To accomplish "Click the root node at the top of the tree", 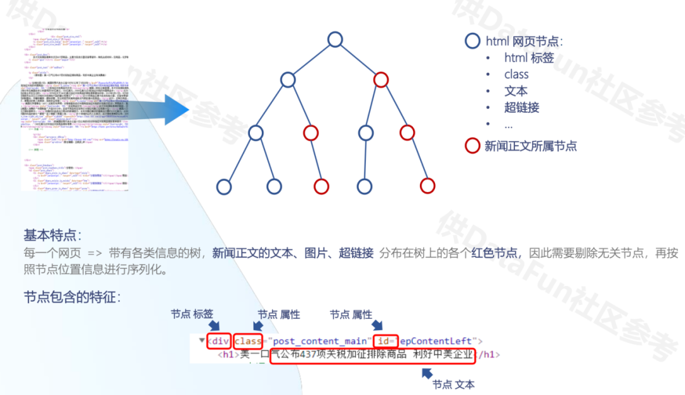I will [335, 39].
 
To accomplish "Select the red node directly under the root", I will [381, 80].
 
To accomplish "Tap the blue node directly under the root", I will [288, 80].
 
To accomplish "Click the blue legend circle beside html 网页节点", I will [473, 41].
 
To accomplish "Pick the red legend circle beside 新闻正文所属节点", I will [473, 146].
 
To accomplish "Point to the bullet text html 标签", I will [529, 58].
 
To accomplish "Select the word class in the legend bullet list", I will [516, 74].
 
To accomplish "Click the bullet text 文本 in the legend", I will [516, 91].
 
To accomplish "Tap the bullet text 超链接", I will [521, 107].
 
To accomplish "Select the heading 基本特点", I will [52, 235].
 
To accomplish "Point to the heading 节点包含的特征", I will [72, 296].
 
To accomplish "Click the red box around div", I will [218, 341].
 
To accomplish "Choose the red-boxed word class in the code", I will [248, 341].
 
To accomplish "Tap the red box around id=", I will [385, 341].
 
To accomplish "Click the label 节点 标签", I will [192, 314].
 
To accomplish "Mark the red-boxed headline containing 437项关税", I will [373, 355].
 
